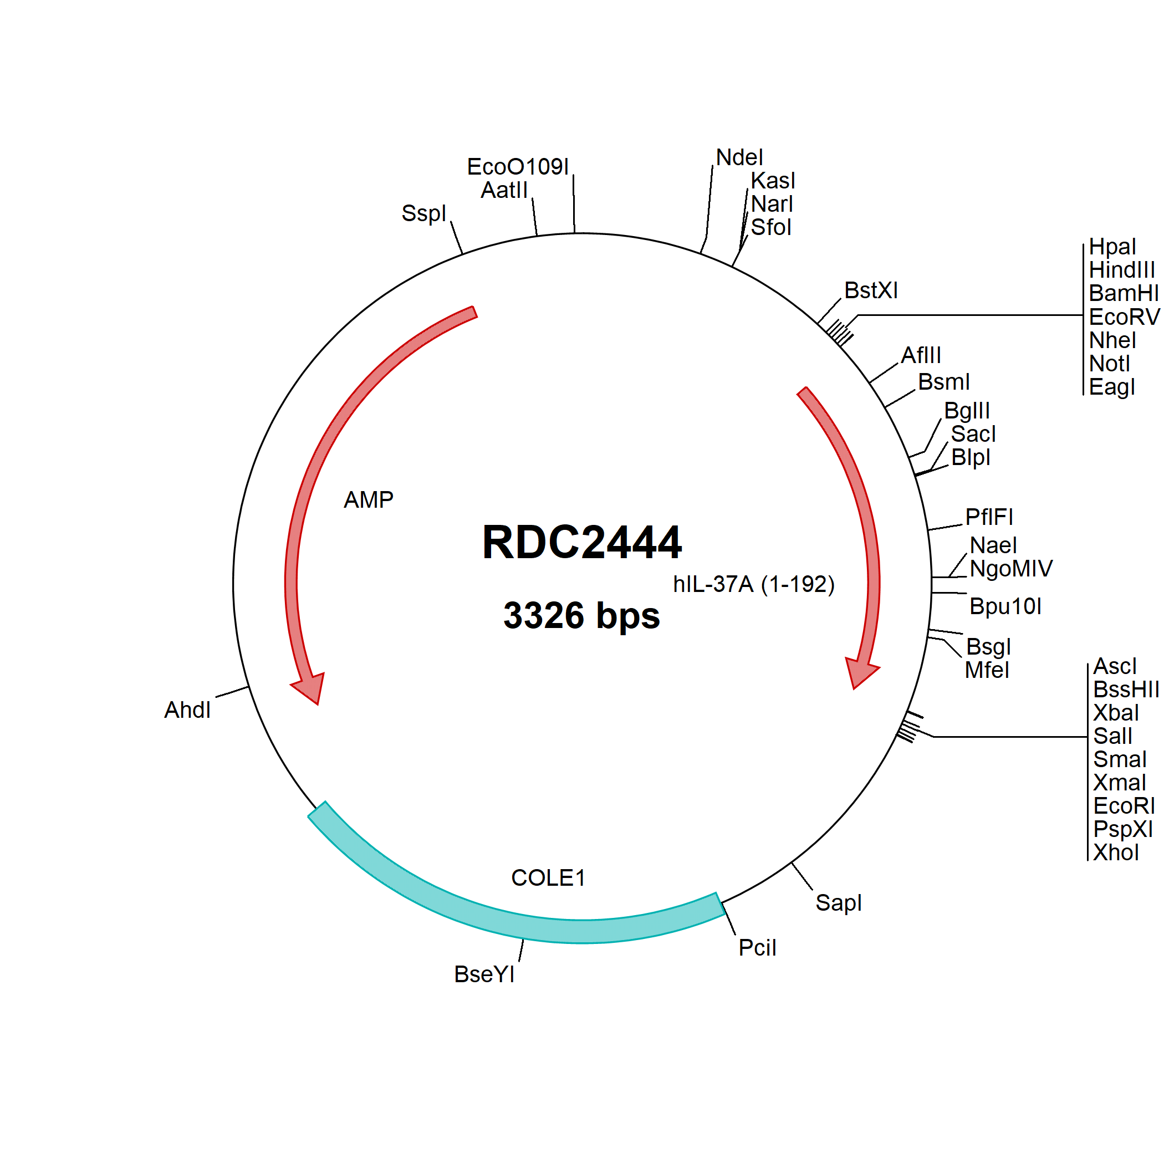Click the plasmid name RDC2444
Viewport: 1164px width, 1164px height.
[582, 542]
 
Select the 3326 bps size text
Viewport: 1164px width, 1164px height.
[581, 616]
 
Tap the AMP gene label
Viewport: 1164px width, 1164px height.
[368, 499]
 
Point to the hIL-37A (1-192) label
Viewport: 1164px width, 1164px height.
[754, 584]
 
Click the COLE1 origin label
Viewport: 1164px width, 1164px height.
[548, 878]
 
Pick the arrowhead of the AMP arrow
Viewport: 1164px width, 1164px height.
[309, 687]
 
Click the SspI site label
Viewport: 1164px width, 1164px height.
[423, 213]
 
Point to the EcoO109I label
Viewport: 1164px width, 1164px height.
[518, 167]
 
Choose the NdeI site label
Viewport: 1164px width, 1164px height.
[739, 157]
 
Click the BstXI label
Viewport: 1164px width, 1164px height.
[871, 290]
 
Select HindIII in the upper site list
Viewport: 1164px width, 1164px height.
[1122, 270]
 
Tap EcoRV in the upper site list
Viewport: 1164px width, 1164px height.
[1124, 317]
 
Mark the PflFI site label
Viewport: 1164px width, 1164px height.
[989, 517]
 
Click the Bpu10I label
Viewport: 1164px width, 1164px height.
[1005, 606]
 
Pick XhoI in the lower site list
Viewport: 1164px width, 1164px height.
[1116, 852]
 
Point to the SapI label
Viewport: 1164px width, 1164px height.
[838, 902]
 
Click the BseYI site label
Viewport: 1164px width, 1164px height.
[484, 974]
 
